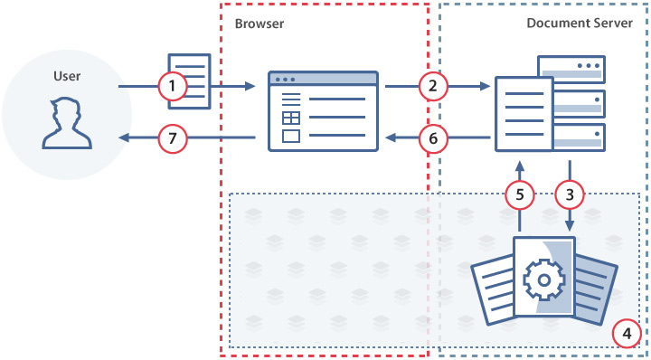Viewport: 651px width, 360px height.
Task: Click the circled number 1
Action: click(x=172, y=87)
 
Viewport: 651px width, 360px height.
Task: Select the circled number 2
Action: click(x=433, y=87)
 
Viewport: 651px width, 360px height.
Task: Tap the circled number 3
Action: click(x=570, y=194)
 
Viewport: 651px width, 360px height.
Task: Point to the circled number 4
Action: click(x=626, y=333)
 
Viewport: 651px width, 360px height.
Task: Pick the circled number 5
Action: click(x=519, y=194)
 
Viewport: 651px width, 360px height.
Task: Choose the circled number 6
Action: click(x=433, y=138)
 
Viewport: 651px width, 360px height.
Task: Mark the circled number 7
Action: click(x=172, y=138)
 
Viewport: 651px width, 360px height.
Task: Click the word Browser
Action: click(x=259, y=24)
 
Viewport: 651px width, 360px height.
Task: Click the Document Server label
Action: click(x=580, y=24)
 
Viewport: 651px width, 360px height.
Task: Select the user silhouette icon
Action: click(x=68, y=124)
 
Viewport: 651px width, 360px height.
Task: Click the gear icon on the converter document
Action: click(x=543, y=280)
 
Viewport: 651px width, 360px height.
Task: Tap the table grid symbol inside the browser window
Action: click(x=291, y=118)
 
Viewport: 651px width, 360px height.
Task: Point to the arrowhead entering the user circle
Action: click(x=125, y=138)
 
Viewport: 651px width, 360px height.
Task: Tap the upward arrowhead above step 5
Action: click(x=519, y=166)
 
